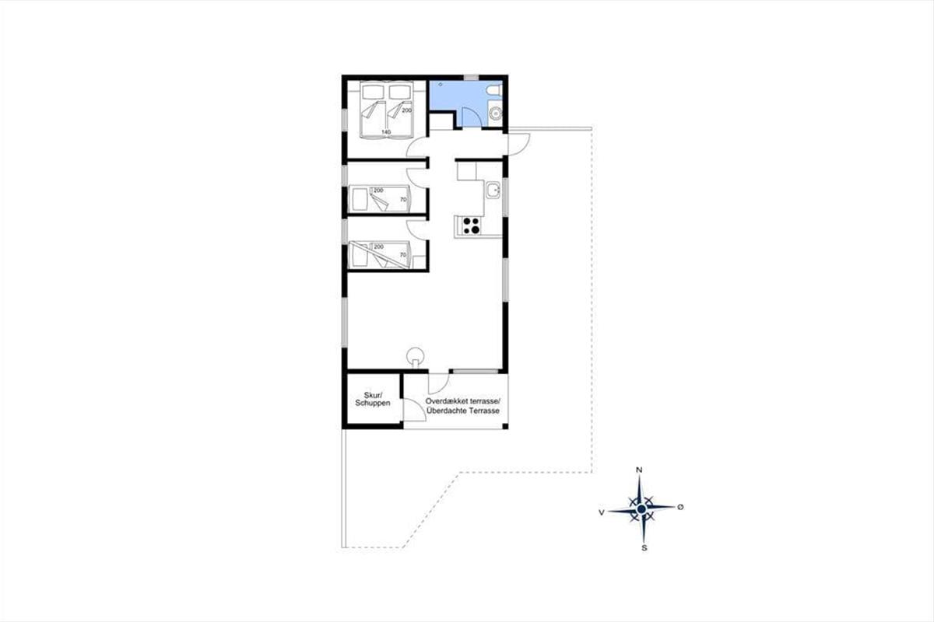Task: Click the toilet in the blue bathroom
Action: (x=494, y=90)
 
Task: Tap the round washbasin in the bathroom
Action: (x=496, y=113)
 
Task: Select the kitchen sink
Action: (x=493, y=190)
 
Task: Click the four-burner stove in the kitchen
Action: (x=471, y=225)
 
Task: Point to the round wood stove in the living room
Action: (x=416, y=357)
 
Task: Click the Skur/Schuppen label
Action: (x=372, y=399)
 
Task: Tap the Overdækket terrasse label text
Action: (x=462, y=401)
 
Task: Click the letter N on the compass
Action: (x=639, y=470)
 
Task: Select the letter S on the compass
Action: (x=644, y=548)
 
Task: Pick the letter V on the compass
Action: (x=601, y=512)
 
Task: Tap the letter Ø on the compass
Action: (x=680, y=507)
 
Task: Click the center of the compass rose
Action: (x=641, y=509)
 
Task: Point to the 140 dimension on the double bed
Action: (x=386, y=132)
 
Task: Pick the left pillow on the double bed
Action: (x=373, y=92)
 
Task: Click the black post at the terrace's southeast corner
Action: (x=505, y=426)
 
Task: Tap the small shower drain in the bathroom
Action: (x=441, y=84)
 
